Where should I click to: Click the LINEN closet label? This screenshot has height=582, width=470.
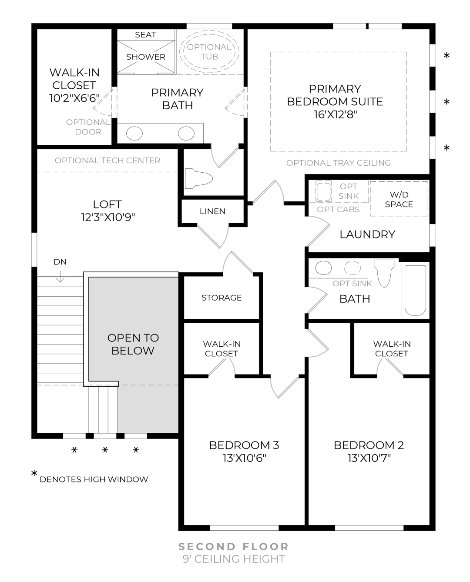click(x=212, y=211)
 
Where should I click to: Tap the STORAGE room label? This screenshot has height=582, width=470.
click(x=222, y=298)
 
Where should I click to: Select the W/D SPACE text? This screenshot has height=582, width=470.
click(x=399, y=200)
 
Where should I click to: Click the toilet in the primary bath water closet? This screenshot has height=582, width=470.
click(x=198, y=178)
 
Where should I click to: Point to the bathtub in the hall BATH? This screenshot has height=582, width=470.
click(x=415, y=290)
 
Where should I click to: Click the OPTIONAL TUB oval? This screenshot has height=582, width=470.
click(x=209, y=52)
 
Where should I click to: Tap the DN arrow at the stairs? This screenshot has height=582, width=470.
click(x=60, y=277)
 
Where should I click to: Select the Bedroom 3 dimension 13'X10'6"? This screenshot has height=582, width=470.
click(x=244, y=458)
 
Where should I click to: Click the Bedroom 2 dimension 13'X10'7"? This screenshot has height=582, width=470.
click(x=369, y=458)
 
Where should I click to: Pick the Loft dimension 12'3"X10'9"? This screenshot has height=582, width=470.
click(x=107, y=217)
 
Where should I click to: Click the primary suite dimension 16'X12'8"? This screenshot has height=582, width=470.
click(x=335, y=114)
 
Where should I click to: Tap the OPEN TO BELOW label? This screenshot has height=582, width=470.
click(x=133, y=344)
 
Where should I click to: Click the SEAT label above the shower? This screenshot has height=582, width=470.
click(x=145, y=35)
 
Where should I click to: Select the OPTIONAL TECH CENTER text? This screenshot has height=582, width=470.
click(x=107, y=161)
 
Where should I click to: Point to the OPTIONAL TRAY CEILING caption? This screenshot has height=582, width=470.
click(x=338, y=163)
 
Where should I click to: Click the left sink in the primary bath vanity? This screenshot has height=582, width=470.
click(x=134, y=134)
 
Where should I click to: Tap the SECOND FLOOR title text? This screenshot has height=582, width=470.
click(x=234, y=546)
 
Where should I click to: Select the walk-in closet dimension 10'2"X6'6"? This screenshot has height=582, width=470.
click(x=74, y=98)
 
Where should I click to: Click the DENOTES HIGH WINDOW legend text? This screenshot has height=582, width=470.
click(x=94, y=479)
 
